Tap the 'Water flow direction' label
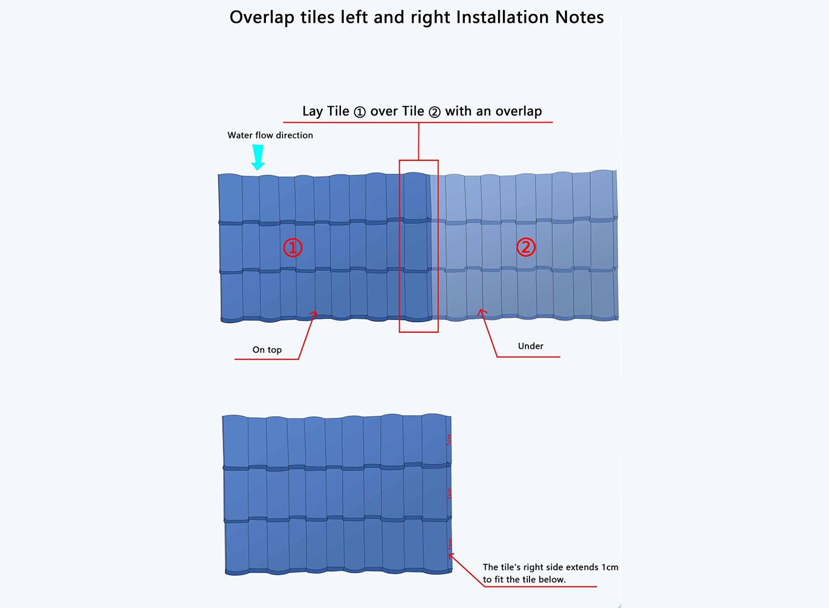coord(270,135)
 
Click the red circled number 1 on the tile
coord(293,247)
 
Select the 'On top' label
coord(267,350)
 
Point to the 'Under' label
coord(531,346)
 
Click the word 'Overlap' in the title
coord(262,18)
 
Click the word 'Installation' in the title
coord(503,18)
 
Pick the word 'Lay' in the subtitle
coord(312,112)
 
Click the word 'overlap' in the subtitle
coord(518,112)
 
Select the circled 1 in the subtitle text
coord(360,112)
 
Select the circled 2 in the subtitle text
coord(435,112)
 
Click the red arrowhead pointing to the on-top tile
coord(316,313)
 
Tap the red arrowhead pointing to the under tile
coord(481,312)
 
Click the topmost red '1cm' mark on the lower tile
coord(449,439)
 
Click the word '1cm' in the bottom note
coord(610,567)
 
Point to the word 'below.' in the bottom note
coord(552,580)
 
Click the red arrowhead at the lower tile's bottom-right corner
coord(451,555)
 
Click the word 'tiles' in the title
coord(318,18)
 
